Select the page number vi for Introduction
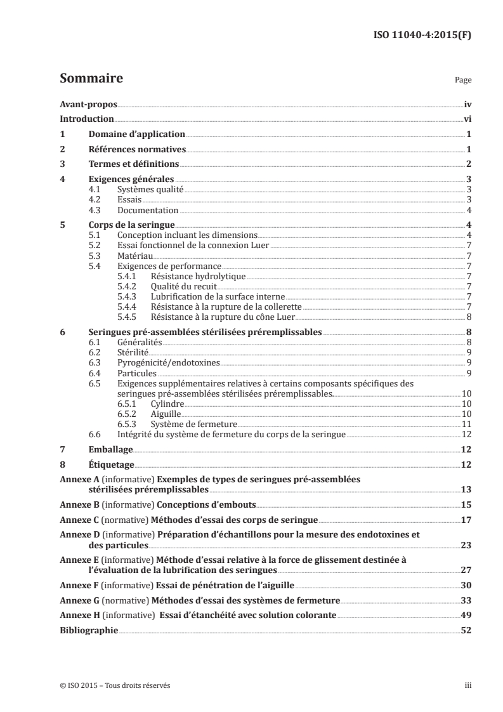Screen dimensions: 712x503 point(466,119)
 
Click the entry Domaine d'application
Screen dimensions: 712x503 point(136,135)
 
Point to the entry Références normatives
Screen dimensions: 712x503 point(136,150)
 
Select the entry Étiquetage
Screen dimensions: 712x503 point(112,465)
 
